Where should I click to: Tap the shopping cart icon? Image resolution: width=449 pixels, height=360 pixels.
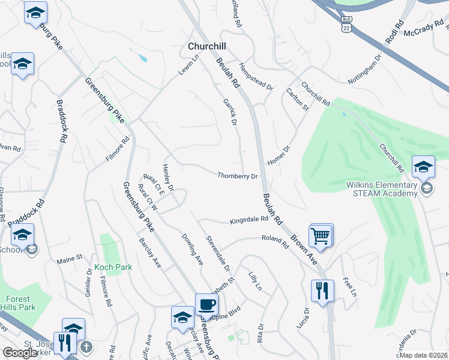(321, 235)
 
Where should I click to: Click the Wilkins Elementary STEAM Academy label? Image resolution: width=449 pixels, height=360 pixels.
(382, 189)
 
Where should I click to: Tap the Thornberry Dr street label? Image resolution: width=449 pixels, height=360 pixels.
(237, 176)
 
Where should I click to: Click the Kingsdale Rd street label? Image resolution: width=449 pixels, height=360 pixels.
(249, 221)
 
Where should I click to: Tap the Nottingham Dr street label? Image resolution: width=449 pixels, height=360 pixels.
(365, 70)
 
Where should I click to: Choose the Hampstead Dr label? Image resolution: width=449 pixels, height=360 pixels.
(256, 76)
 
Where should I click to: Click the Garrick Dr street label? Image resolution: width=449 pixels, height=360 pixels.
(228, 112)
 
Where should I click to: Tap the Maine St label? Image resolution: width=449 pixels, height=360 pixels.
(69, 260)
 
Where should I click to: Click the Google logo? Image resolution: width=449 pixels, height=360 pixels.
(20, 353)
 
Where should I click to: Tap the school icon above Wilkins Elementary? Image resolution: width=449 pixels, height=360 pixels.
(423, 167)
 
